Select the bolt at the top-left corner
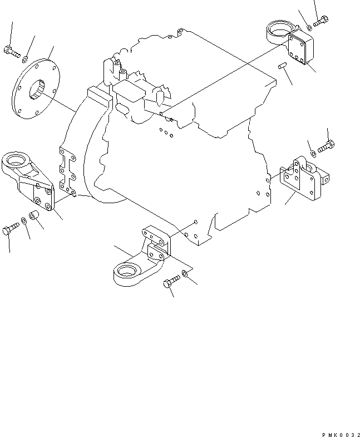[11, 52]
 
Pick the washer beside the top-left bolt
[25, 57]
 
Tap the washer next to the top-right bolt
[309, 27]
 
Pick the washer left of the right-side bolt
[314, 153]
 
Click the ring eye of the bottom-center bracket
[127, 272]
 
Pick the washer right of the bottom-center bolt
[185, 275]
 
